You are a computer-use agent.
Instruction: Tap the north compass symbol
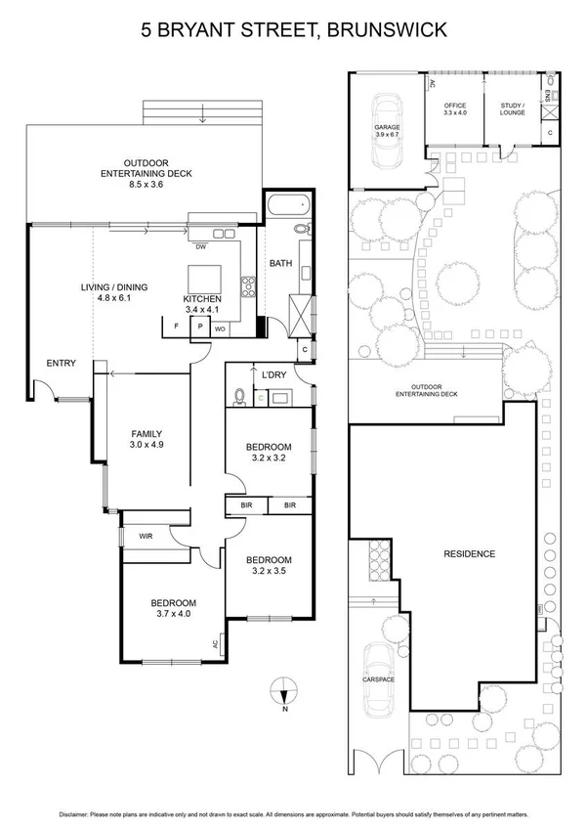point(281,692)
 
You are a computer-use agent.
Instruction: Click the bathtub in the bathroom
point(287,206)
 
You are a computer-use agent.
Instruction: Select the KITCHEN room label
point(202,298)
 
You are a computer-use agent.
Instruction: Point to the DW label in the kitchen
point(200,246)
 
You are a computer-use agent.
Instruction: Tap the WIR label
point(146,536)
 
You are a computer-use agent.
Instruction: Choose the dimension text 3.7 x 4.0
point(173,614)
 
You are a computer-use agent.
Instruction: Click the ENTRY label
point(61,364)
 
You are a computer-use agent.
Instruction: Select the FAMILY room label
point(147,434)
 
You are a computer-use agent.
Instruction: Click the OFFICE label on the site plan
point(454,106)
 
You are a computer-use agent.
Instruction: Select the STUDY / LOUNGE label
point(512,109)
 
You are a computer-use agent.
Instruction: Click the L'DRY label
point(273,373)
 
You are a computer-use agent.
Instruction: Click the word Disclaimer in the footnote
point(77,813)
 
